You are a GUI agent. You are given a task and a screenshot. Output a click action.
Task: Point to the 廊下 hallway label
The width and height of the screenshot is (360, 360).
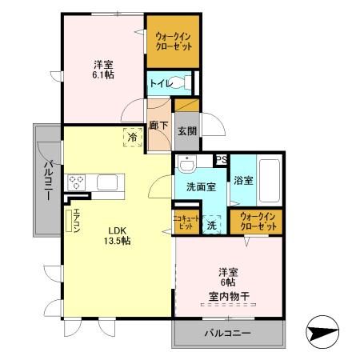point(157,126)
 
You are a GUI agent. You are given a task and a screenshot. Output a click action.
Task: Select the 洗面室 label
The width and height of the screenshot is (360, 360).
point(200,186)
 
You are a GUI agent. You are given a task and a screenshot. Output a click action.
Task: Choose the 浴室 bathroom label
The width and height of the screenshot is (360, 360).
point(244,180)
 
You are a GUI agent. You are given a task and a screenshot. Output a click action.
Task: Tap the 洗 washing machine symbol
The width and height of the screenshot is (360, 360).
point(212,224)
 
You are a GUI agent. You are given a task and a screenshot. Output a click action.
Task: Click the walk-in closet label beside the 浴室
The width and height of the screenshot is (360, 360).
point(258,222)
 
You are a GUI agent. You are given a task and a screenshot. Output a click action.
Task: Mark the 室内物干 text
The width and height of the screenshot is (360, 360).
point(229,296)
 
